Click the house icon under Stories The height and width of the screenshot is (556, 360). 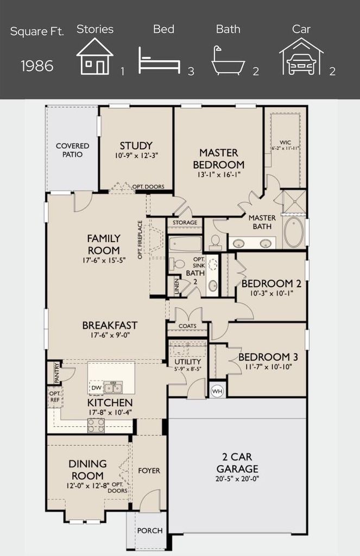point(94,56)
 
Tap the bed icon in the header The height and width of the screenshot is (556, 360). point(159,61)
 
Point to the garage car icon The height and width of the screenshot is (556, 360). point(301,56)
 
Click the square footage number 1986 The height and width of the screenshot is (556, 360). point(37,66)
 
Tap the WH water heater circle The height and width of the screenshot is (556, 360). point(217,391)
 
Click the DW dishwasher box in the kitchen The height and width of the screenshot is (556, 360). point(97,388)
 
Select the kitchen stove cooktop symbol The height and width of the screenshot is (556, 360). point(96,426)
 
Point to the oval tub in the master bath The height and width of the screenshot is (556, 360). point(294,232)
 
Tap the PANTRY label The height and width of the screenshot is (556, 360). point(56,372)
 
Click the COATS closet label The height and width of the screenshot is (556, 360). point(187,326)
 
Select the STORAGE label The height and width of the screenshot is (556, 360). point(185,222)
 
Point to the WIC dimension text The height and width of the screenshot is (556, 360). point(286,148)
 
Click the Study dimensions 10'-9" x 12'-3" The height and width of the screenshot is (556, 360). point(136,155)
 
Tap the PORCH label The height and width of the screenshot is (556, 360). point(150,531)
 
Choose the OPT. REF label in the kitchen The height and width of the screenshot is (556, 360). point(55,397)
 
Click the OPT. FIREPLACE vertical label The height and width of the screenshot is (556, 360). point(140,239)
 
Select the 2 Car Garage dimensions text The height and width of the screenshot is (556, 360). point(237,479)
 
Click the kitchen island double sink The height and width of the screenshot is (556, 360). point(113,387)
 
